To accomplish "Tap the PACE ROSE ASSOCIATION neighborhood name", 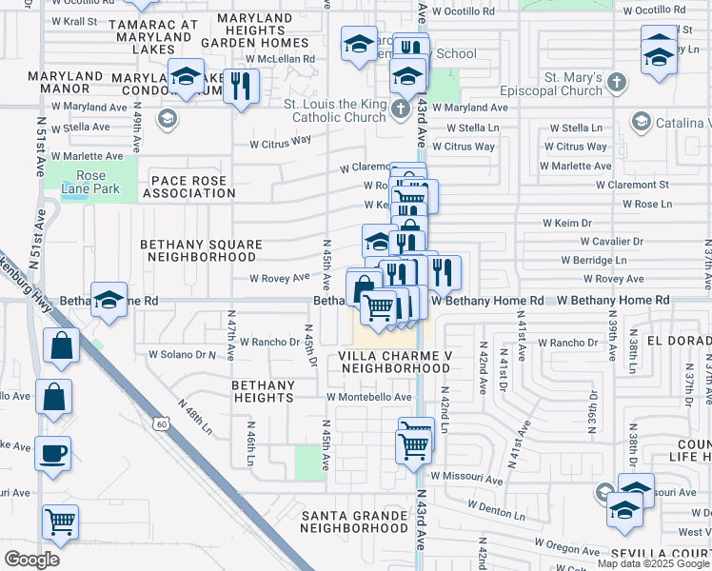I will point(188,187).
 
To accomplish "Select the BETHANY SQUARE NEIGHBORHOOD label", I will point(201,250).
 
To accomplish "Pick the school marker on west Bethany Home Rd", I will point(109,300).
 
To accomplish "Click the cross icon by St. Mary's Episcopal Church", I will point(616,82).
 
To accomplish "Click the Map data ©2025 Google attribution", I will point(653,563).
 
